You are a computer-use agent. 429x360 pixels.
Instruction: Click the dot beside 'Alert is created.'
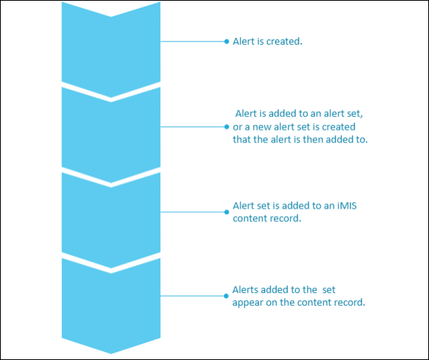pyautogui.click(x=227, y=42)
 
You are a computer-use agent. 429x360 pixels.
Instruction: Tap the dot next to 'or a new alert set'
pyautogui.click(x=227, y=127)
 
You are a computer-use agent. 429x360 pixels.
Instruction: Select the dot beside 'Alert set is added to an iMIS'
pyautogui.click(x=227, y=212)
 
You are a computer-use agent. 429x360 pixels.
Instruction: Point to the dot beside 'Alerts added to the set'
pyautogui.click(x=226, y=296)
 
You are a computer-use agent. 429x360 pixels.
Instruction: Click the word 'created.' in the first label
pyautogui.click(x=284, y=42)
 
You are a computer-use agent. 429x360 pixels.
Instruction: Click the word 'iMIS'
pyautogui.click(x=347, y=206)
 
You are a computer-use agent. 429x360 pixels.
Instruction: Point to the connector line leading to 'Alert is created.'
pyautogui.click(x=192, y=42)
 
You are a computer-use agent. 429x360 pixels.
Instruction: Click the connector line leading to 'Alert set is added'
pyautogui.click(x=192, y=212)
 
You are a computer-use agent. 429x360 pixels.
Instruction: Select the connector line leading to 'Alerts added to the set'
pyautogui.click(x=192, y=296)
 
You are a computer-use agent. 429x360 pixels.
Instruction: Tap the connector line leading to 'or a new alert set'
pyautogui.click(x=192, y=127)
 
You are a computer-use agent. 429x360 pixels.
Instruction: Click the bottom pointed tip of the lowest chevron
pyautogui.click(x=111, y=354)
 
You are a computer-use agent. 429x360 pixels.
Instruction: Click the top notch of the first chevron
pyautogui.click(x=111, y=16)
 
